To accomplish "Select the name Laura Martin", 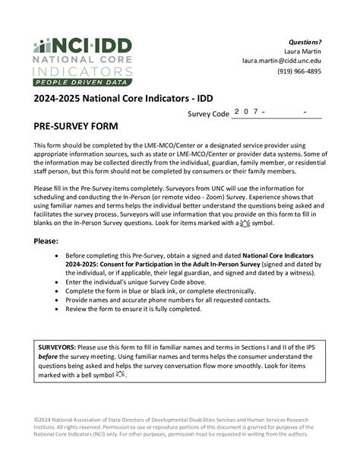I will pos(302,51).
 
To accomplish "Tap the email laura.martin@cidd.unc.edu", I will pos(282,61).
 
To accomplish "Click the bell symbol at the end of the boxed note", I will pos(121,375).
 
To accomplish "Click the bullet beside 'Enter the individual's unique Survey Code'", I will pos(59,281).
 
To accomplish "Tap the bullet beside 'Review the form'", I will pos(59,309).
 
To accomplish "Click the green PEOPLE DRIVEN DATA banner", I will pos(83,81).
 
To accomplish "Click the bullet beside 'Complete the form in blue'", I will pos(59,290).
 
